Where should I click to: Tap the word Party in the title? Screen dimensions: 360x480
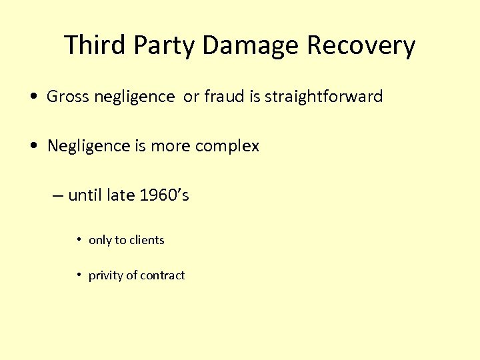[x=164, y=45]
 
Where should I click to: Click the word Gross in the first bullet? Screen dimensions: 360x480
[x=67, y=97]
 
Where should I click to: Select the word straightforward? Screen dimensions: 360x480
[x=323, y=97]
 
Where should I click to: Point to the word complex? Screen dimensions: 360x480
[x=228, y=145]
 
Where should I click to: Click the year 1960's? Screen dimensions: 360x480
[x=165, y=195]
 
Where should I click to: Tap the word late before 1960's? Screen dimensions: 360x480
[x=123, y=195]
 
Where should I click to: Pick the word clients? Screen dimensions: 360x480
[x=146, y=240]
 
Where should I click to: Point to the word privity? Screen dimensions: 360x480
[x=105, y=275]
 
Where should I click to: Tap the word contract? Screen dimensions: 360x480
[x=162, y=275]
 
